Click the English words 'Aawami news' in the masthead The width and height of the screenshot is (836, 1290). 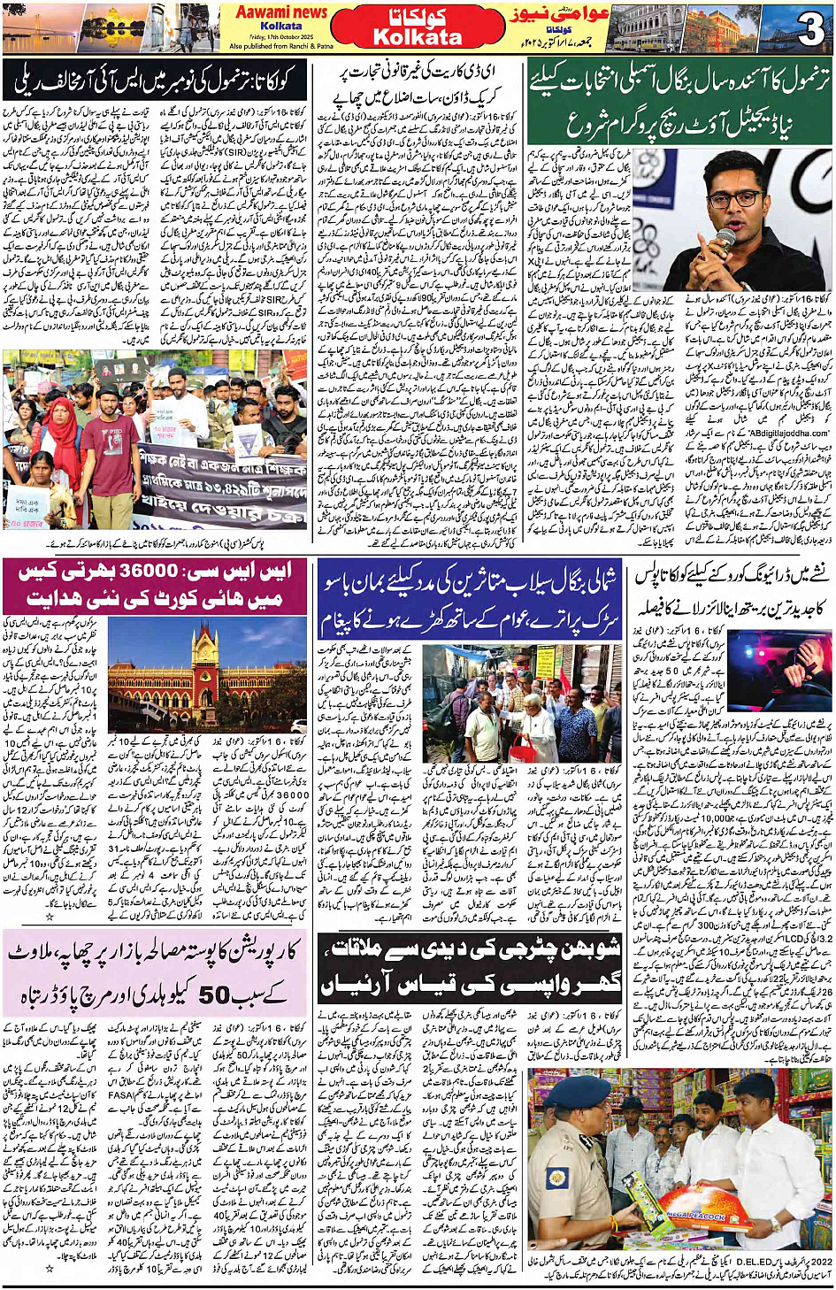pos(281,12)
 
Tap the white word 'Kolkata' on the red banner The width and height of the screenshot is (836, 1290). pos(418,36)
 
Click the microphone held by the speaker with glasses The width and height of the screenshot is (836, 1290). pos(724,241)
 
